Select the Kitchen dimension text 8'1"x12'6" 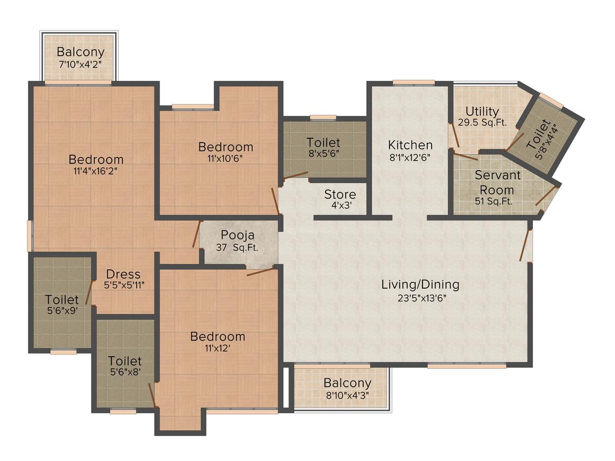coord(410,157)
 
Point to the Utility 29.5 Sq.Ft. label coord(482,117)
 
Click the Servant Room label coord(497,182)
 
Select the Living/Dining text coord(420,285)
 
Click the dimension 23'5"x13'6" coord(420,298)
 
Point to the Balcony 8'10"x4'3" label coord(347,388)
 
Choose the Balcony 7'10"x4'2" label coord(80,57)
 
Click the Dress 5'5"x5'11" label coord(123,279)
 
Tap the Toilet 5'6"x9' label coord(61,305)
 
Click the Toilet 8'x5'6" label coord(323,147)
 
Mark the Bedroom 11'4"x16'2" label coord(96,164)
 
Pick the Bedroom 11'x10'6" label coord(225,152)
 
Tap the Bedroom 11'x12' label coord(217,342)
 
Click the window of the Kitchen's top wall coord(414,82)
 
